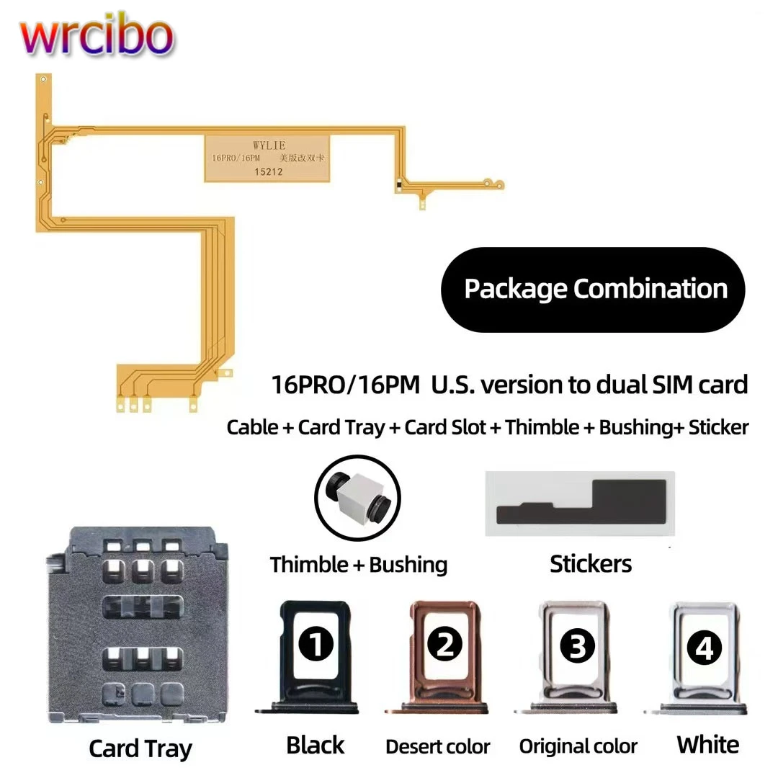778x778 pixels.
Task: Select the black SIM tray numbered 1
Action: (x=316, y=656)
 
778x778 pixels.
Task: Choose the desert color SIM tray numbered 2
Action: (x=444, y=656)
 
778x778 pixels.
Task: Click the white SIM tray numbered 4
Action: (x=703, y=656)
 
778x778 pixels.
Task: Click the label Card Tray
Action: (x=141, y=748)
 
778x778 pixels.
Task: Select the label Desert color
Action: (x=438, y=747)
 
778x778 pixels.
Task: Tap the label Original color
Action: (x=578, y=747)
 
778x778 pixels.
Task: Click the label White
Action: (x=707, y=745)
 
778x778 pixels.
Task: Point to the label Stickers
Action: (x=591, y=564)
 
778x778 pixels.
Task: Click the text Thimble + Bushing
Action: (x=359, y=565)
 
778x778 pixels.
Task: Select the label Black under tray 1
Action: (x=316, y=746)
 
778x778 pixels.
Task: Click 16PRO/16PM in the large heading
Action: (x=345, y=385)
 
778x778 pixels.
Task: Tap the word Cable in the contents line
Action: (x=252, y=427)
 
